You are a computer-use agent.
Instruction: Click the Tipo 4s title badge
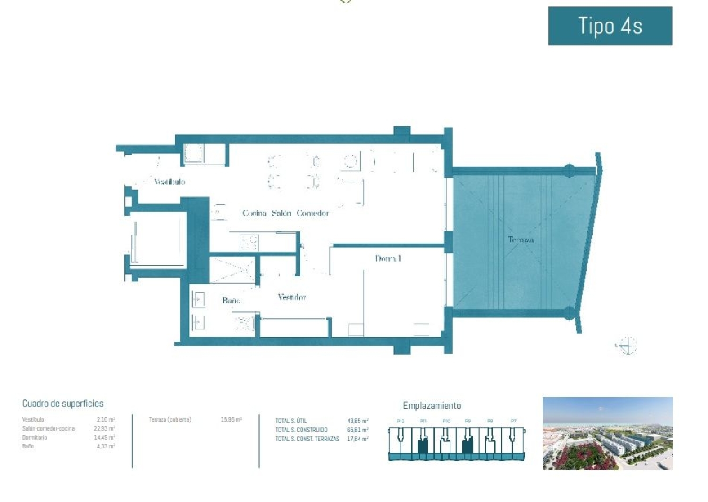coord(610,26)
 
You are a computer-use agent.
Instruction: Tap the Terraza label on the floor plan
coord(521,240)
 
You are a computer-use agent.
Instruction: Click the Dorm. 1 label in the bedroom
coord(388,258)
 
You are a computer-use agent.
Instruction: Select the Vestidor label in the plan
coord(291,297)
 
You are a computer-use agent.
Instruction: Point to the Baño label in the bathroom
coord(231,300)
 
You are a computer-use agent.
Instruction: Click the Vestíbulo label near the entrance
coord(169,182)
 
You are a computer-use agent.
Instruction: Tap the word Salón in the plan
coord(281,213)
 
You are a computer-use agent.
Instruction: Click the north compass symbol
coord(627,346)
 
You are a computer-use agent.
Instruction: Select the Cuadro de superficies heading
coord(63,403)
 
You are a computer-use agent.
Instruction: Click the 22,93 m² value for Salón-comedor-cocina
coord(104,429)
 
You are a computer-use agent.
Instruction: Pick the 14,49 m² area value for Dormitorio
coord(104,437)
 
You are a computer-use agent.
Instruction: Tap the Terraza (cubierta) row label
coord(170,419)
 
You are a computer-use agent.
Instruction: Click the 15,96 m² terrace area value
coord(231,419)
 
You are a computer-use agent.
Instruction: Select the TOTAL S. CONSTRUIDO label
coord(301,430)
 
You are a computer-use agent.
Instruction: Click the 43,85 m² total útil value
coord(357,421)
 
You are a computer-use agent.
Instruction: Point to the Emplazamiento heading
coord(431,406)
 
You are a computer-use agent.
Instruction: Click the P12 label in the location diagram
coord(400,421)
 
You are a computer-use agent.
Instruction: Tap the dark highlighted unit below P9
coord(467,445)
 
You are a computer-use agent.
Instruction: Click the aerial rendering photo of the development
coord(607,434)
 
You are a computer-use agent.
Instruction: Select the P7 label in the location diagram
coord(513,421)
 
